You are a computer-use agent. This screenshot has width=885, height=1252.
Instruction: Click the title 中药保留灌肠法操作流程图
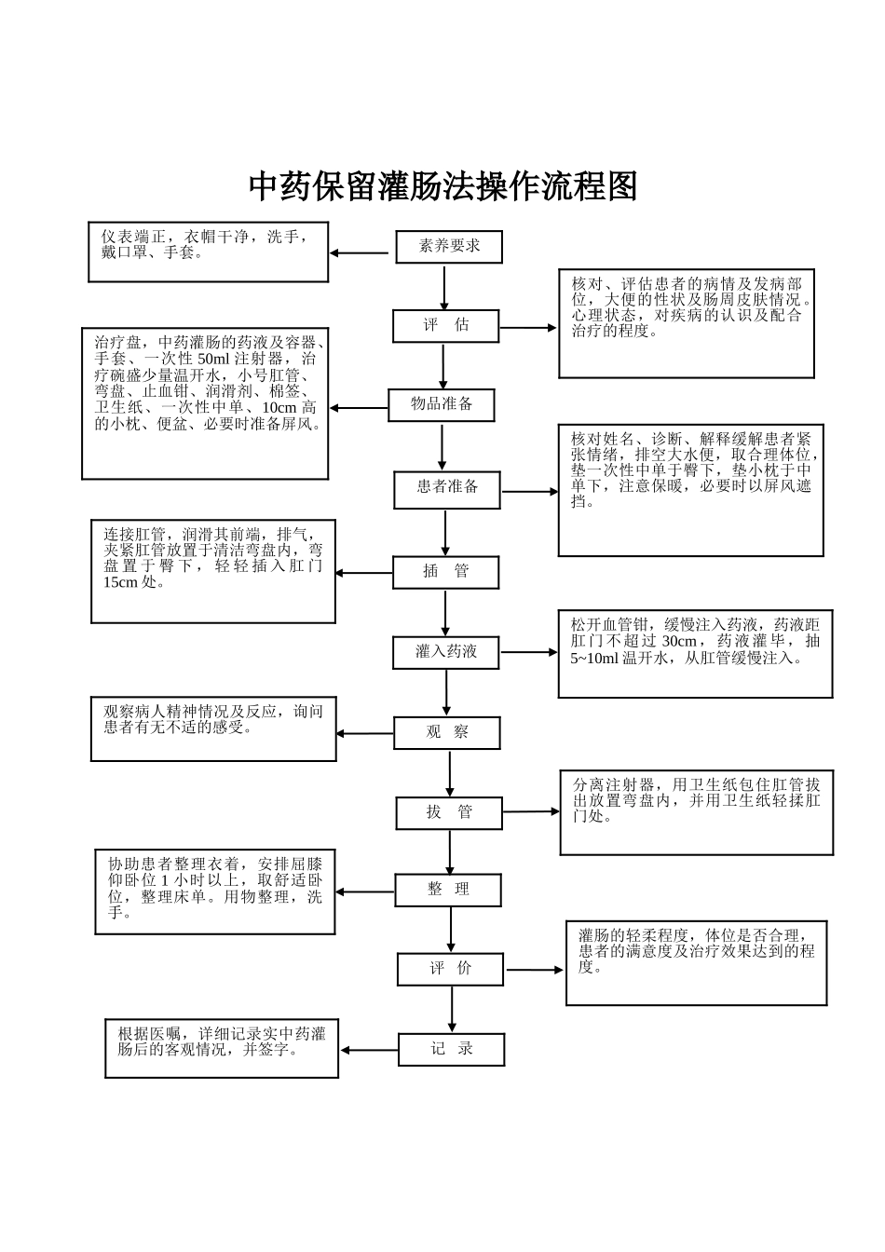tap(442, 187)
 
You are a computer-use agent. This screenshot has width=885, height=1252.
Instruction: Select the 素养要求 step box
tap(449, 247)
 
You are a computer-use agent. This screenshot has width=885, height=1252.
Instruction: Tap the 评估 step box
tap(445, 325)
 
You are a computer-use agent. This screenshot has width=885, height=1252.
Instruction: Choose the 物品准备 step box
tap(442, 404)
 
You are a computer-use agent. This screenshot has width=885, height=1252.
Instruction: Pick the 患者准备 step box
tap(447, 488)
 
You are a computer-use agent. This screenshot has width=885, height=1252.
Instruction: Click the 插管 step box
tap(445, 572)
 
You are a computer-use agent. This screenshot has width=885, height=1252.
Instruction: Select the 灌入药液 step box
tap(446, 652)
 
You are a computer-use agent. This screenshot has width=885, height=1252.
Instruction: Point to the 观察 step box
tap(447, 733)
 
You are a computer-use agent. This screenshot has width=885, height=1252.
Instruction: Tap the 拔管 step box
tap(449, 812)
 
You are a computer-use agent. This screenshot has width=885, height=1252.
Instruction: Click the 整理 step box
tap(448, 890)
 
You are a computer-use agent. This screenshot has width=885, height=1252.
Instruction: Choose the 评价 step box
tap(451, 969)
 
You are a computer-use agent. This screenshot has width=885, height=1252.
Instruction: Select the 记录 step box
tap(452, 1050)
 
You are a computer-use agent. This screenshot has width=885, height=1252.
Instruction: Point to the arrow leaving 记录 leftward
tap(370, 1051)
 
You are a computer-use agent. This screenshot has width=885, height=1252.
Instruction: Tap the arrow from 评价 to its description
tap(535, 970)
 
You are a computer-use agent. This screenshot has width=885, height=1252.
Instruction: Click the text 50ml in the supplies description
tap(212, 360)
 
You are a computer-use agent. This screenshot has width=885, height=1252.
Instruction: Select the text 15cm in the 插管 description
tap(120, 583)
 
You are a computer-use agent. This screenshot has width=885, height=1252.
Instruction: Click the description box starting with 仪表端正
tap(209, 252)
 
